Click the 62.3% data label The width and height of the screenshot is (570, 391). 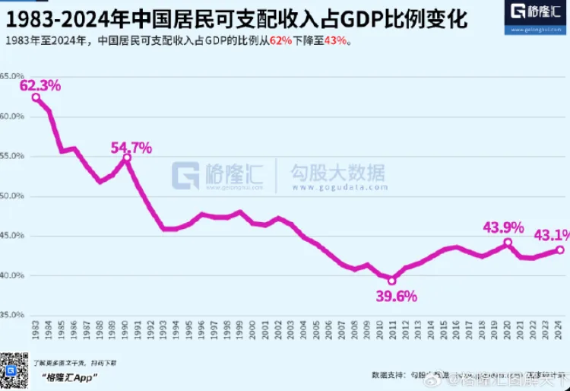[41, 86]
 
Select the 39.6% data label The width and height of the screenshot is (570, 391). [394, 296]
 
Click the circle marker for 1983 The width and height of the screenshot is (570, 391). [36, 97]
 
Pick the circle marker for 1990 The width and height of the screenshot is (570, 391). [127, 158]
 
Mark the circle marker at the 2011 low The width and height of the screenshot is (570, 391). [392, 280]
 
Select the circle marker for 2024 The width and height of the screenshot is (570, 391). [559, 250]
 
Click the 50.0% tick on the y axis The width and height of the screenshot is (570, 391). [12, 195]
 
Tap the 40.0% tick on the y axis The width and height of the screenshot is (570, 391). [12, 275]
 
